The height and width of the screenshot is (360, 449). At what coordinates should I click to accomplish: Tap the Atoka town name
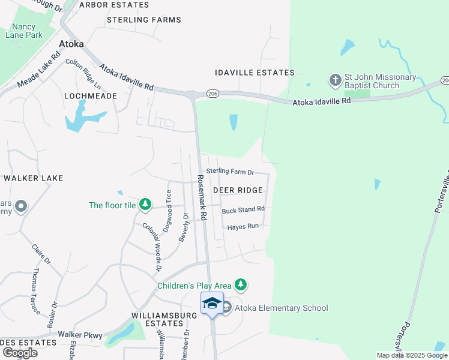71,44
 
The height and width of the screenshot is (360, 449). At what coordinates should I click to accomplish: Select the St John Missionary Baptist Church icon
335,80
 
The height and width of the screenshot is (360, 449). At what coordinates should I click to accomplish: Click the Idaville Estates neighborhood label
255,73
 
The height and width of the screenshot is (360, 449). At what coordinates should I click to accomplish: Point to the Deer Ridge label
238,190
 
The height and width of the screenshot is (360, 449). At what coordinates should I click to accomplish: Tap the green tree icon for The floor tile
145,205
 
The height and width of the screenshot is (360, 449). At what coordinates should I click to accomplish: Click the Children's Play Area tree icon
241,284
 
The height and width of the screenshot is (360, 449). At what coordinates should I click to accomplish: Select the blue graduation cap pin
212,303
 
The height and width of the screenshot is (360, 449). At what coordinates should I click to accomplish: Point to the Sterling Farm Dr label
231,172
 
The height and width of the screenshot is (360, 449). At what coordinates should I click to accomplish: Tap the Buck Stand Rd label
243,210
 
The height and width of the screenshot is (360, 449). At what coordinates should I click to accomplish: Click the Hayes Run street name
243,226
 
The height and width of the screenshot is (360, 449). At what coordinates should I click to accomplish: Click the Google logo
20,352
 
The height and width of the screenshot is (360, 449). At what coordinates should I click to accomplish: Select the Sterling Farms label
143,20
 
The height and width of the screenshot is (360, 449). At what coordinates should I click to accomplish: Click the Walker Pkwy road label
80,335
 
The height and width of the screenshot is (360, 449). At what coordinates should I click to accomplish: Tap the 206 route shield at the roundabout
212,94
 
